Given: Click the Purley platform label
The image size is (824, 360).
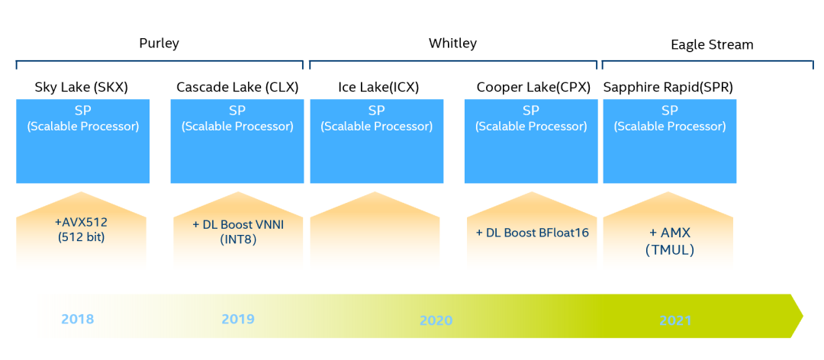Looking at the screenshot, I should coord(159,43).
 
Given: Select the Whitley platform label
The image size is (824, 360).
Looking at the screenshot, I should coord(452,43).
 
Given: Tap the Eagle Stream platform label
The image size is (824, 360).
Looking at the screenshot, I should coord(712,44).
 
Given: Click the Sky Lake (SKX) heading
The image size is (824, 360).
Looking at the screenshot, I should coord(82,87).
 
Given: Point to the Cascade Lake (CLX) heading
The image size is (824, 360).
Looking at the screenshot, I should coord(237,87).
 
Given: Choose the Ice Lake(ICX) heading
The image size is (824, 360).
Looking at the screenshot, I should coord(378,87).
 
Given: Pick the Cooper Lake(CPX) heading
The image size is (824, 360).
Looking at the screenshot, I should coord(533,87).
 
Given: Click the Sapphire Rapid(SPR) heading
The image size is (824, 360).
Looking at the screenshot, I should coord(668,87).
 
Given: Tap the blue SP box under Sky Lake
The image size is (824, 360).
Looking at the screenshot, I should coord(82,143).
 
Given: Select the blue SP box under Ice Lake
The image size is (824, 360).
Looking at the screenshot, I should coord(376,143).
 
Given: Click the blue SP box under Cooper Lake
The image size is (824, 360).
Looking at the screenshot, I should coord(531,143).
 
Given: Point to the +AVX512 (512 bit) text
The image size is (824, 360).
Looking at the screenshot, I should coord(81,229).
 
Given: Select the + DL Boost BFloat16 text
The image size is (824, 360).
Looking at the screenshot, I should coord(533,233).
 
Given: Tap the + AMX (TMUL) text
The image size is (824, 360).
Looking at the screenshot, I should coord(668,240).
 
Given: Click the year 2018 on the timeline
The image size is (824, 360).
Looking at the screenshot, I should coord(78,318).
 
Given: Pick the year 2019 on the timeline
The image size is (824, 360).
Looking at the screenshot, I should coord(238,318).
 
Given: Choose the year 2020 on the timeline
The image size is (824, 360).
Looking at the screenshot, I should coord(436,320).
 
